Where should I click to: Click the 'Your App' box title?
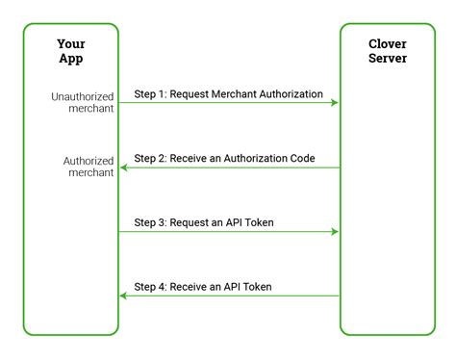71,52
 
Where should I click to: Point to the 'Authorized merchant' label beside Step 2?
89,166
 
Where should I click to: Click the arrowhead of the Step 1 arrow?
334,102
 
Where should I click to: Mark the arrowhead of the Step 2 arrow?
124,167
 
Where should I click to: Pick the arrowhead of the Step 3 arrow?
334,231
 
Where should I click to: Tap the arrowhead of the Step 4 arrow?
124,296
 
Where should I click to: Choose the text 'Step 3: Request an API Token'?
203,222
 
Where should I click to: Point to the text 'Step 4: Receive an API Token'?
203,287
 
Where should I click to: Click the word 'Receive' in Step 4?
191,287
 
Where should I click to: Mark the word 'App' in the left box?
71,60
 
